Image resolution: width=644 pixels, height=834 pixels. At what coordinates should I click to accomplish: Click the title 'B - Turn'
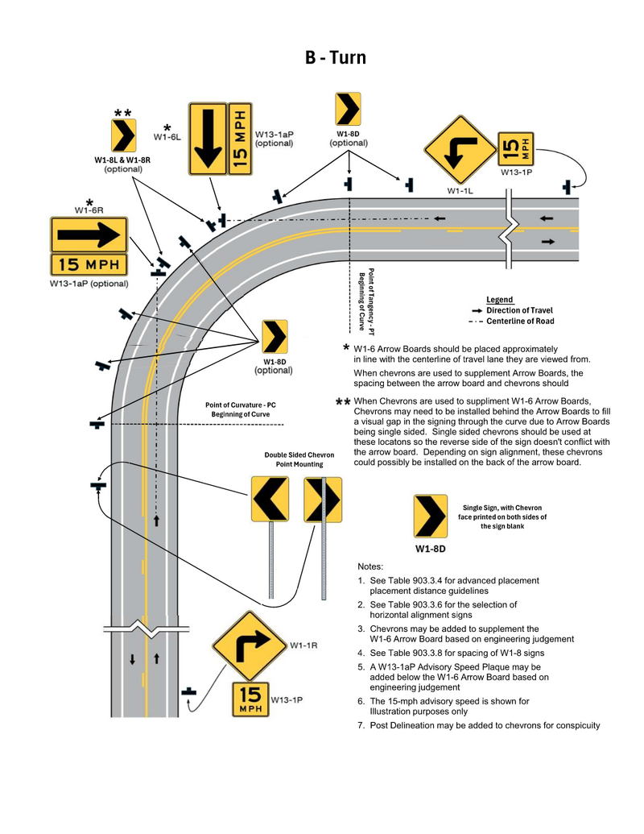coord(335,58)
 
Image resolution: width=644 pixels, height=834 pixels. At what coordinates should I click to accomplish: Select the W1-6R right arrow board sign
coord(89,234)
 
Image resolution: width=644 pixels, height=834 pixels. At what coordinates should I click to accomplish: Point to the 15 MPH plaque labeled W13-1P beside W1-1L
coord(516,148)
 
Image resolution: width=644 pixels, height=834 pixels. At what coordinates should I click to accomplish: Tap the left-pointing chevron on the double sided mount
coord(270,499)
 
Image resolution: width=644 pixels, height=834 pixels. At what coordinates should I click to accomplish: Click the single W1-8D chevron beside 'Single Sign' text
coord(430,517)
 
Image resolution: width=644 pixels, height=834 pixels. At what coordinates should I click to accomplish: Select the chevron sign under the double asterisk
coord(123,135)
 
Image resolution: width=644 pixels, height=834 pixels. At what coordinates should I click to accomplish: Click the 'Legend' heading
coord(499,300)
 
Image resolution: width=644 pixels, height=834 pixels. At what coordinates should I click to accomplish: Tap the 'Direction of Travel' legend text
coord(519,310)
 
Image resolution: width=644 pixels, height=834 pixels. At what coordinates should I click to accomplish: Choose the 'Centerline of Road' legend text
coord(520,322)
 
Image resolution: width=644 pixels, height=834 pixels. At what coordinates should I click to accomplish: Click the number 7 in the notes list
coord(361,725)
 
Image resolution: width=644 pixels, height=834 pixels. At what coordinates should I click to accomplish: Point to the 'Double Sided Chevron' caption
coord(299,455)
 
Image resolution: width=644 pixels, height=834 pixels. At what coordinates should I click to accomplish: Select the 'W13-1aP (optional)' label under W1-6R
coord(89,283)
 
